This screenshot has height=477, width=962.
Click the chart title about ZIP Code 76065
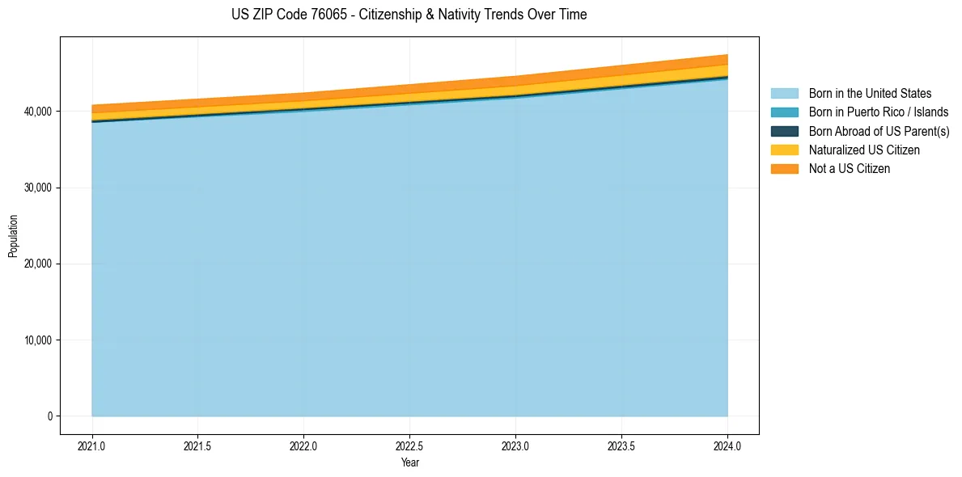pyautogui.click(x=409, y=15)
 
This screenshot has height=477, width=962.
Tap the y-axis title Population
pyautogui.click(x=13, y=235)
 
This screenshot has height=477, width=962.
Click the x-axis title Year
pyautogui.click(x=409, y=462)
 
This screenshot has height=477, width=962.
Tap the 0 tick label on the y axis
pyautogui.click(x=49, y=416)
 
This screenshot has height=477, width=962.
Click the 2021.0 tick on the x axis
pyautogui.click(x=92, y=445)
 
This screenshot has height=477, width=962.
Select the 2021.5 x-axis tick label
pyautogui.click(x=198, y=445)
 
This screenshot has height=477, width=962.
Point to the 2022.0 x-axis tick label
pyautogui.click(x=304, y=445)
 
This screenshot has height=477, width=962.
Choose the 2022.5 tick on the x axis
pyautogui.click(x=410, y=445)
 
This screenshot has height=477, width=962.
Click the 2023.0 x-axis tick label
pyautogui.click(x=515, y=445)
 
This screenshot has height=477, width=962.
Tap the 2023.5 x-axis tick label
pyautogui.click(x=621, y=445)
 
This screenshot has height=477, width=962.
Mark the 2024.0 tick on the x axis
pyautogui.click(x=727, y=445)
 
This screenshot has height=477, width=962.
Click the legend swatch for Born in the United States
pyautogui.click(x=784, y=94)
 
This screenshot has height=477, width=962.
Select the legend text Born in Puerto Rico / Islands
pyautogui.click(x=879, y=112)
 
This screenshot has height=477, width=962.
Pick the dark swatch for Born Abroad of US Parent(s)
pyautogui.click(x=784, y=131)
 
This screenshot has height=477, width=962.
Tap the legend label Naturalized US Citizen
pyautogui.click(x=864, y=150)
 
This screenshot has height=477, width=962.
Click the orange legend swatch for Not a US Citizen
pyautogui.click(x=784, y=169)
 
